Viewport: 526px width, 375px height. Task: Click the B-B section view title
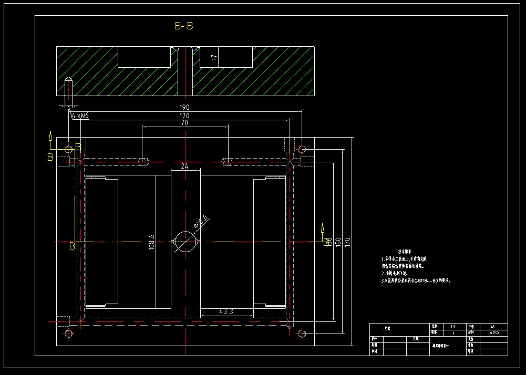[183, 26]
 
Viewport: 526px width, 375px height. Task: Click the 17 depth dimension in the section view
[214, 58]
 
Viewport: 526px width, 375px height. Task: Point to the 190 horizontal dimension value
[184, 107]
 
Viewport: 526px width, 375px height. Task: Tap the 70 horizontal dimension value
[184, 123]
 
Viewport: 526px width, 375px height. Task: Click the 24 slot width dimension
[184, 166]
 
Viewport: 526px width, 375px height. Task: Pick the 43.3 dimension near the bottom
[226, 312]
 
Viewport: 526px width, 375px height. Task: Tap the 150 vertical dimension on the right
[338, 242]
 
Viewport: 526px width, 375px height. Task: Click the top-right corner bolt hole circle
[302, 150]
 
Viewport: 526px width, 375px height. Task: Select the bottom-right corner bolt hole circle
[302, 334]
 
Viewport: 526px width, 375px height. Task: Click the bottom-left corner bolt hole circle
[68, 334]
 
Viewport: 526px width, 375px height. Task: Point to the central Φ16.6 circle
[184, 242]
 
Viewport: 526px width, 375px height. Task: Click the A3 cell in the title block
[492, 326]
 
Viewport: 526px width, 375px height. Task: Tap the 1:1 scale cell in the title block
[446, 326]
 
